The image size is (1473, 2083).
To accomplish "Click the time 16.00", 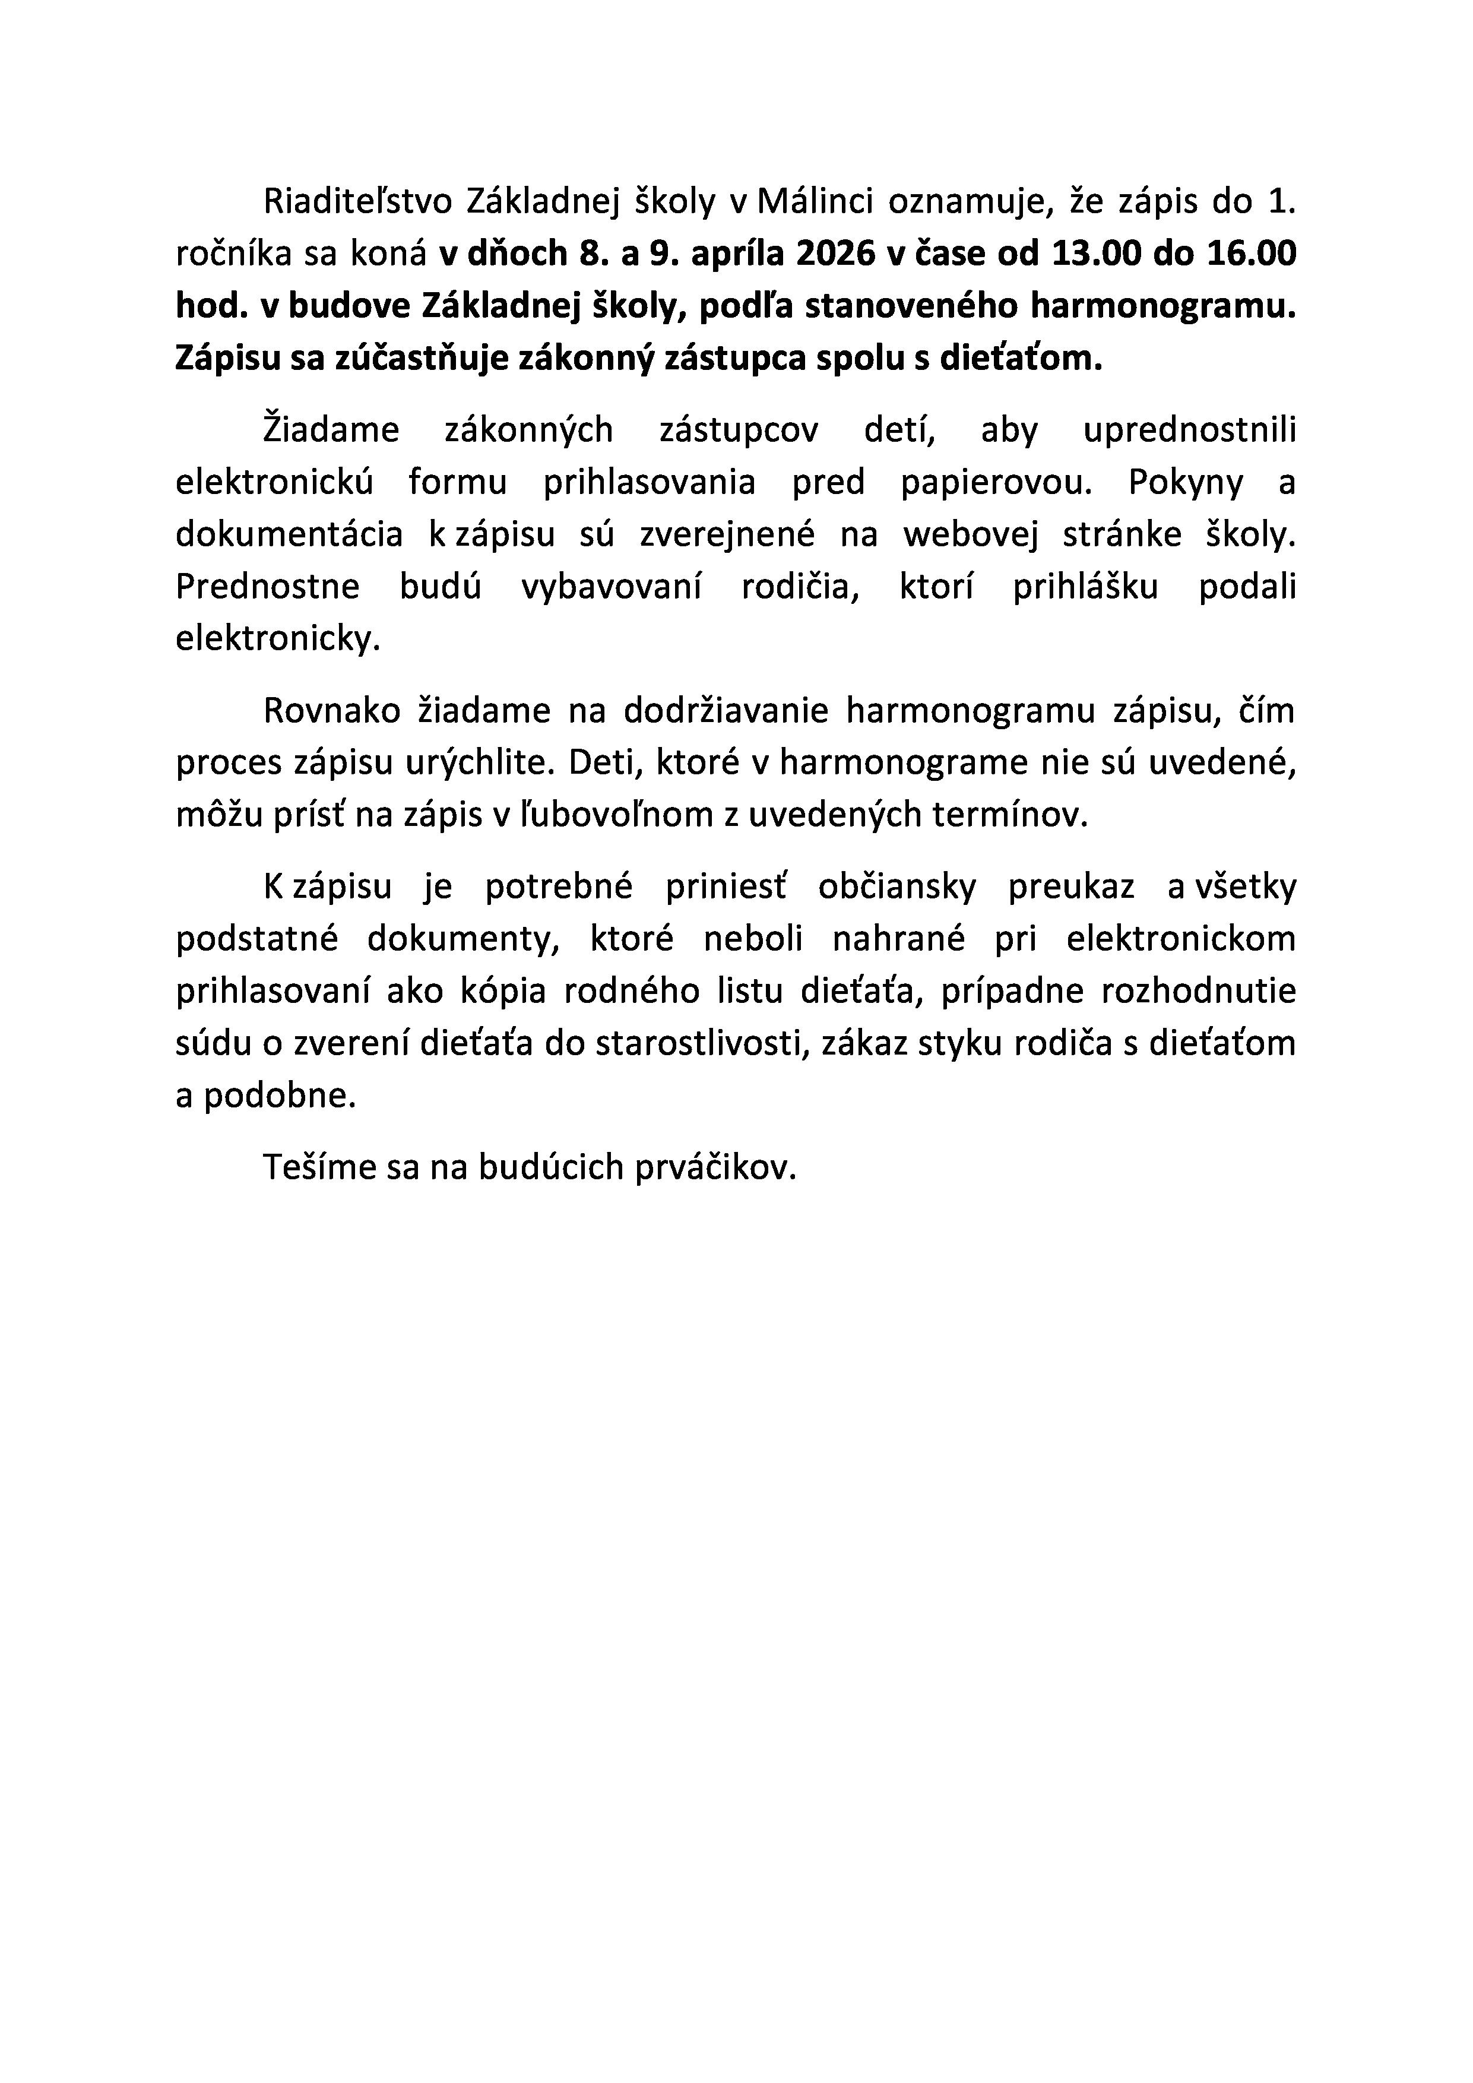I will coord(1251,254).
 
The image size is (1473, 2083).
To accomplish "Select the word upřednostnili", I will coord(1189,429).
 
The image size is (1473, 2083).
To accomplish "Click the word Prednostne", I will coord(268,587).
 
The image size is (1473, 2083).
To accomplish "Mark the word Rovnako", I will coord(332,710).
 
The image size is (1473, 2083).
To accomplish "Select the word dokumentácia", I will coord(289,534).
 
